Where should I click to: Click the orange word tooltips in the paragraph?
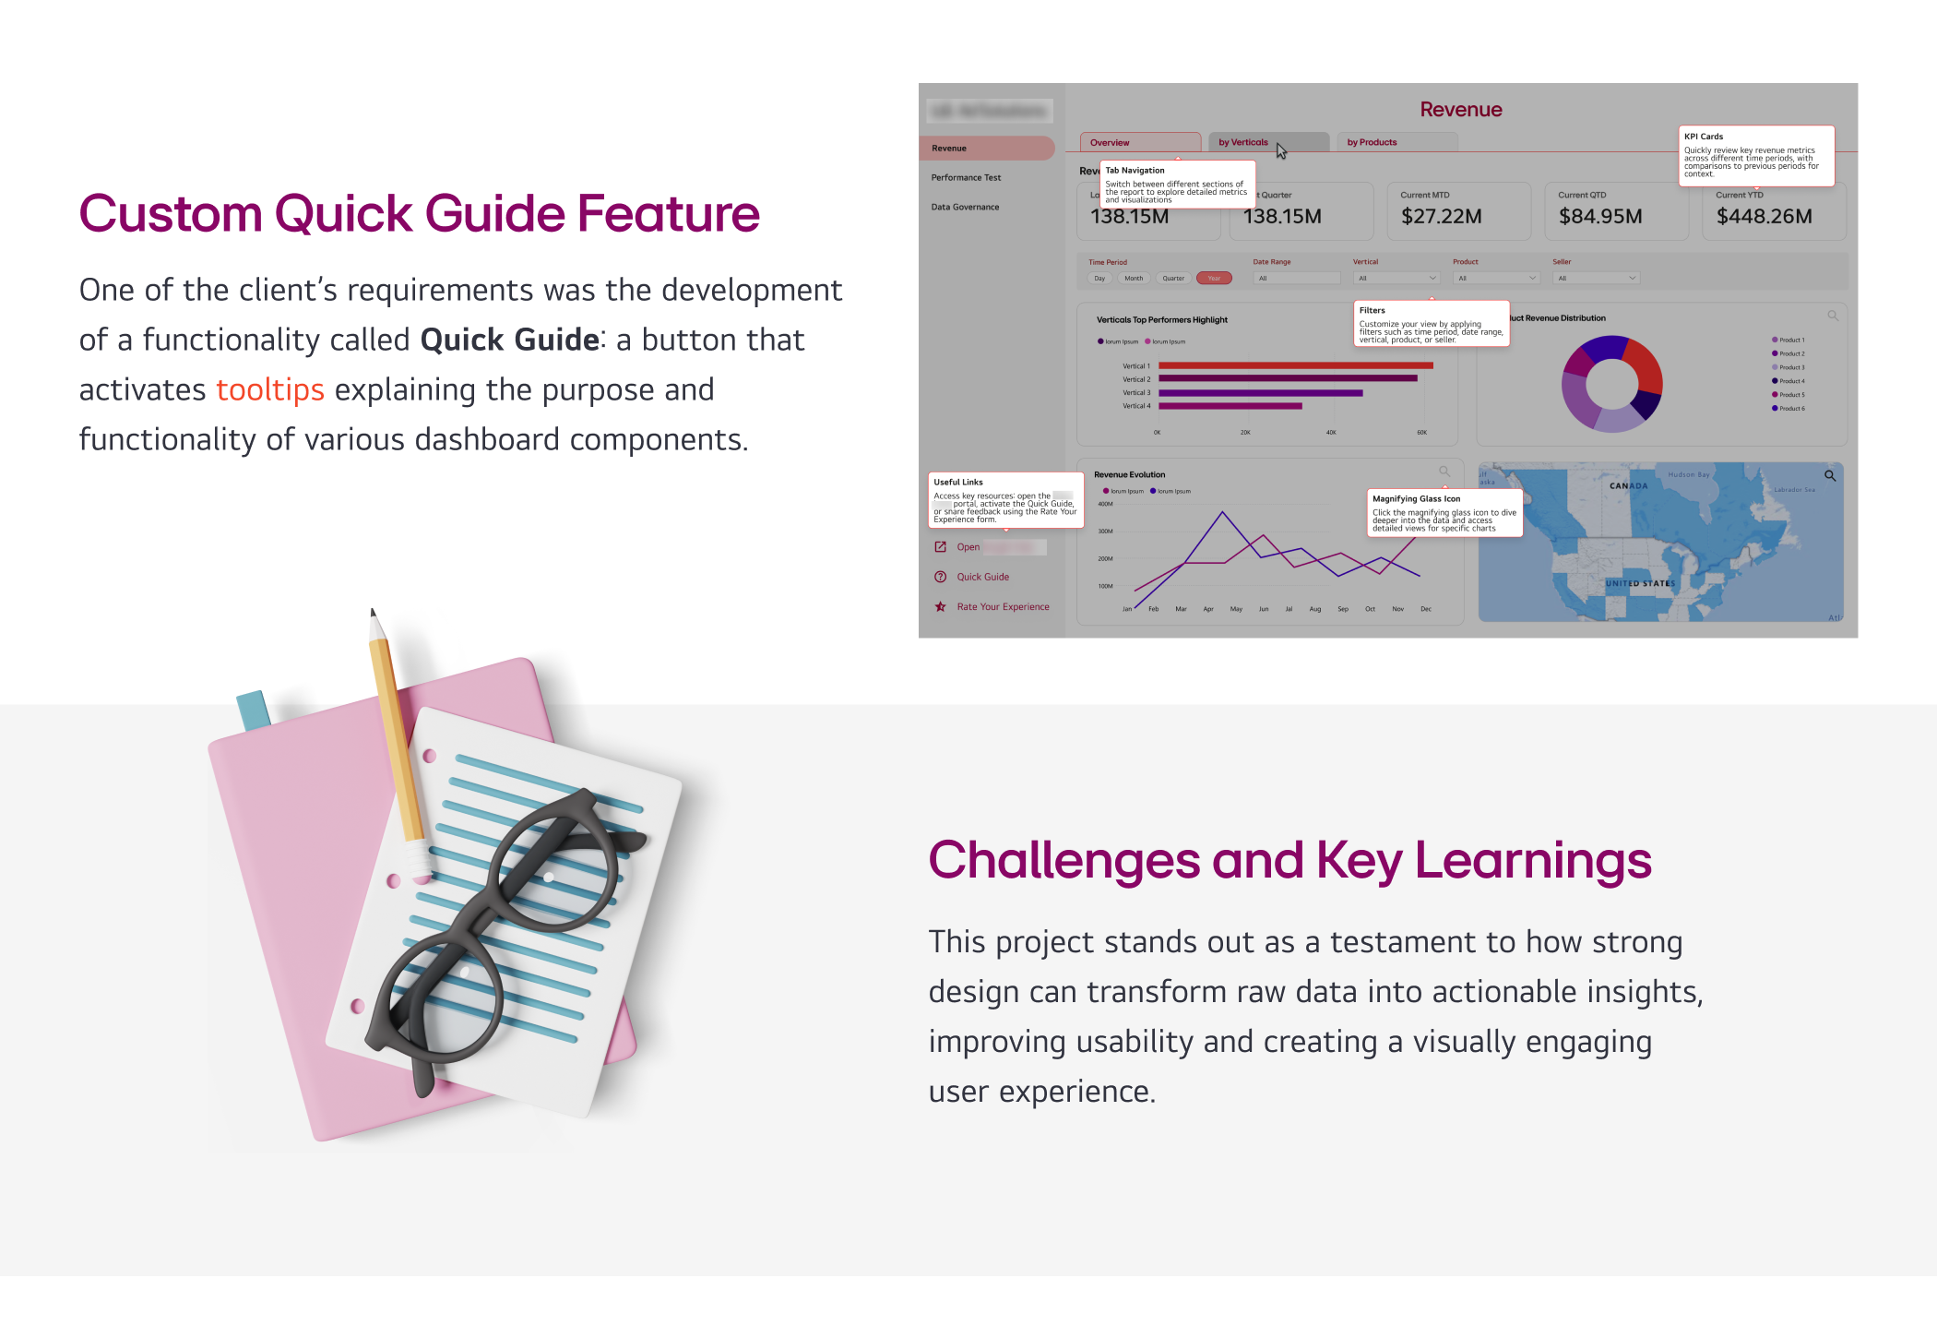[269, 390]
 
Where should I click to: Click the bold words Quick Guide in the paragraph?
[510, 340]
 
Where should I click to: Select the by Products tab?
[1372, 142]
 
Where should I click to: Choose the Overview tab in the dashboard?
[1110, 143]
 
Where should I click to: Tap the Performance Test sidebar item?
[966, 177]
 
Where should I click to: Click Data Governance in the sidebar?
[965, 207]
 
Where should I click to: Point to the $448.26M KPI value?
[1764, 217]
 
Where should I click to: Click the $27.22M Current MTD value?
[1441, 217]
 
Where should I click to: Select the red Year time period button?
[1214, 278]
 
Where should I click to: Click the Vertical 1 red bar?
[1295, 366]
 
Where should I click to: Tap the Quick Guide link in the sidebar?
[982, 577]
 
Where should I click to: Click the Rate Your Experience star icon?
[940, 606]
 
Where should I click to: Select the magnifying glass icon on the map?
[1829, 476]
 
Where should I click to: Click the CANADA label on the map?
[1628, 485]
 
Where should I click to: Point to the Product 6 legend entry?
[1790, 408]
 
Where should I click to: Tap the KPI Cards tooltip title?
[1704, 137]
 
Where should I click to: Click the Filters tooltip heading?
[1372, 311]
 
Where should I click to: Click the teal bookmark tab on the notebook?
[253, 710]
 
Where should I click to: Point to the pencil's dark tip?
[373, 612]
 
